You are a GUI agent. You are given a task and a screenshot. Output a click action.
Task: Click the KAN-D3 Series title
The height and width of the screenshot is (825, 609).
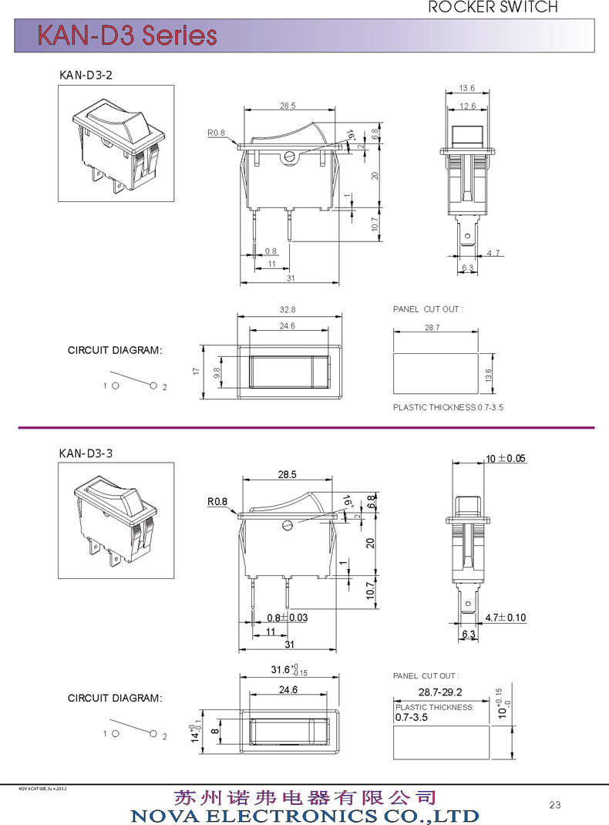(x=128, y=35)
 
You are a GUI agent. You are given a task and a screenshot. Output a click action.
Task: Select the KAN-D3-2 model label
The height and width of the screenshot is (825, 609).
(x=86, y=75)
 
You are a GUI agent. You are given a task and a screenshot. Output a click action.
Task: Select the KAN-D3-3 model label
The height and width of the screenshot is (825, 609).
(x=86, y=453)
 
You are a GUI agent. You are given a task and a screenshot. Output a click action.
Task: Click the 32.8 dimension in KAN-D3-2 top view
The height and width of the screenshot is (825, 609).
(x=288, y=309)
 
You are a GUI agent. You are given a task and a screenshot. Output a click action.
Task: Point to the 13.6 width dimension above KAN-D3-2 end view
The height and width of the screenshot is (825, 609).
(x=466, y=87)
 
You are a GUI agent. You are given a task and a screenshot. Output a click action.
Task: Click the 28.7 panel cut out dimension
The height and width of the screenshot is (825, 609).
(x=432, y=328)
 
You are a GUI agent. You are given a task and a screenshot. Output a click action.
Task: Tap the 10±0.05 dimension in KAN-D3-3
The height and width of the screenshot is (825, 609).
(x=505, y=458)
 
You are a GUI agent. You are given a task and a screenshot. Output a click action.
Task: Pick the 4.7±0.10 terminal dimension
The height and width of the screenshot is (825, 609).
(x=505, y=618)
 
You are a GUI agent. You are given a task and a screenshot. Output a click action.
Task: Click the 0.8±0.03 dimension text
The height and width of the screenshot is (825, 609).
(x=288, y=618)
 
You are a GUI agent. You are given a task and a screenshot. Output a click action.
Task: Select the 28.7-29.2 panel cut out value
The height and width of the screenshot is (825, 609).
(x=441, y=692)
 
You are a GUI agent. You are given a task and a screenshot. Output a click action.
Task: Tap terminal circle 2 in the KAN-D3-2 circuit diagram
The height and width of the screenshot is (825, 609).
(x=154, y=385)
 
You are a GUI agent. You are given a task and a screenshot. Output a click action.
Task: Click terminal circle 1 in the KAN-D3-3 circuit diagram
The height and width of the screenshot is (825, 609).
(x=115, y=733)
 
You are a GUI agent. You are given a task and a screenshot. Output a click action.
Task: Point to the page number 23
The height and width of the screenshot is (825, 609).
(x=555, y=805)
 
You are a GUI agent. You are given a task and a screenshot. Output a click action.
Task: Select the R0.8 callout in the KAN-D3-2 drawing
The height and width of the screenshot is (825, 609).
(x=216, y=133)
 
